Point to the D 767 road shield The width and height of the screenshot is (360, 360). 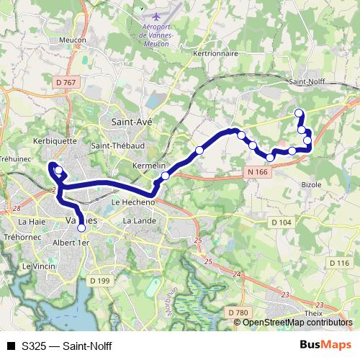[x=66, y=84]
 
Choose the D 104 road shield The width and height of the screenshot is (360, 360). [x=282, y=222]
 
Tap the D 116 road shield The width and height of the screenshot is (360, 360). [x=339, y=263]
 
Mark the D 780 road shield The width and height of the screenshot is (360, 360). [x=238, y=312]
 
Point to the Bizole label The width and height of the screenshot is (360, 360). [x=312, y=184]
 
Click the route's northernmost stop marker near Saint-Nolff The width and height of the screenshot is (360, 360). [x=299, y=112]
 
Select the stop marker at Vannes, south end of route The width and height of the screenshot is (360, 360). [x=81, y=228]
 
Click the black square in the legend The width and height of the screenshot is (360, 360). [x=10, y=346]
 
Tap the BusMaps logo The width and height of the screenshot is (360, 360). [x=325, y=345]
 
